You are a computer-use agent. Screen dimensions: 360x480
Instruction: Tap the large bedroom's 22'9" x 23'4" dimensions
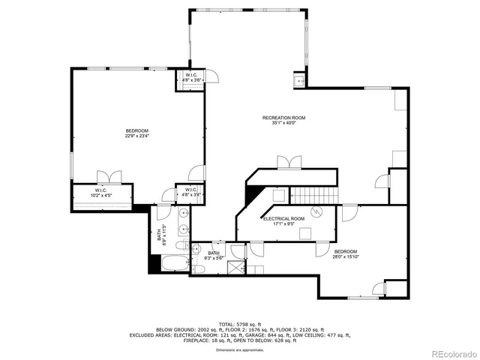point(136,136)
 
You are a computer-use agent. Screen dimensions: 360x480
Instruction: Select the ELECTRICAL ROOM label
point(283,220)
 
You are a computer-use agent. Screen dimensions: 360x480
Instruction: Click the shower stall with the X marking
point(237,266)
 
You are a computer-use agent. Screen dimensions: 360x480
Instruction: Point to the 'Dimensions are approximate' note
point(240,349)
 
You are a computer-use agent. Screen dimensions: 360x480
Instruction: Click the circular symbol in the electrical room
point(316,212)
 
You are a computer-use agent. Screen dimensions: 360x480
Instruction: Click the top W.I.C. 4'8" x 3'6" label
point(190,77)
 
